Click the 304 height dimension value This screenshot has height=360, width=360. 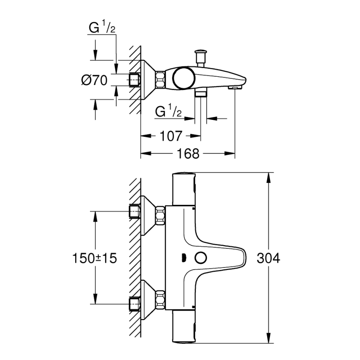268,258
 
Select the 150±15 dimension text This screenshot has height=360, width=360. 95,258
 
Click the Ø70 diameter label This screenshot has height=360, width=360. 95,80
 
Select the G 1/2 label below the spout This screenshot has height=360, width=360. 168,111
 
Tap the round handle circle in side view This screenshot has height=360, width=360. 184,78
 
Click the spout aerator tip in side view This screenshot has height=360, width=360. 235,88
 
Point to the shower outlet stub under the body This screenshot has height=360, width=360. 201,93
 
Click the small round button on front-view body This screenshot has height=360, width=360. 201,258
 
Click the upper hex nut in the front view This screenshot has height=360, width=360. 160,216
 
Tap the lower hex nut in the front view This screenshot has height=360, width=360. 160,299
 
